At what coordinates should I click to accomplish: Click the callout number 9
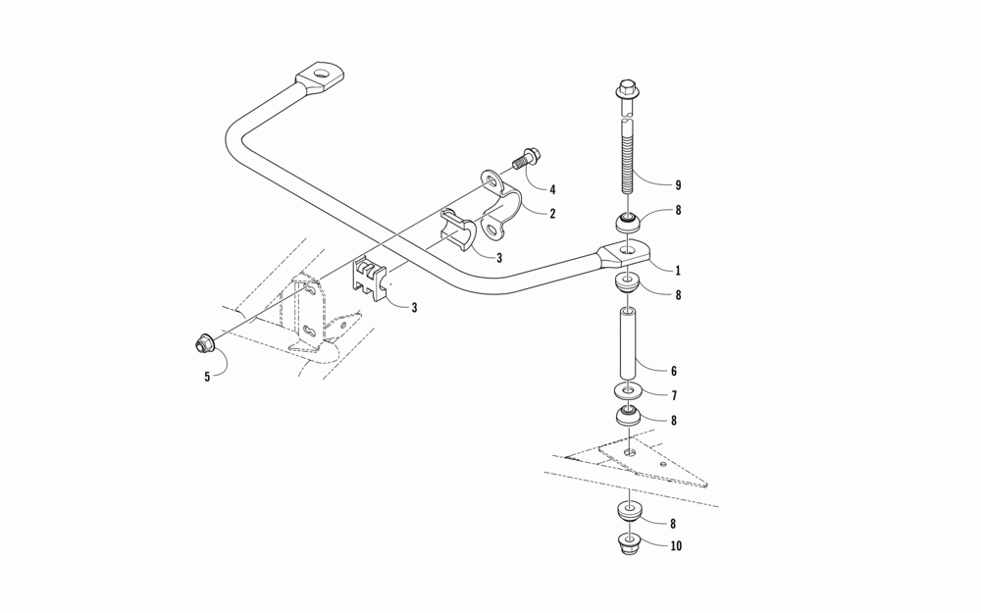(x=677, y=185)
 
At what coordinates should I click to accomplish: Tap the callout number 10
(x=677, y=546)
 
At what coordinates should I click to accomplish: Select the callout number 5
(x=207, y=375)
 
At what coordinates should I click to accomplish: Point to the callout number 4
(x=552, y=189)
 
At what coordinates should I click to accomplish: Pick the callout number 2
(x=552, y=213)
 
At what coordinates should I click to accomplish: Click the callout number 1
(x=677, y=267)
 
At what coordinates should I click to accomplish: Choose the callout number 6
(x=673, y=372)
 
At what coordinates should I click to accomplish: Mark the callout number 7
(x=673, y=395)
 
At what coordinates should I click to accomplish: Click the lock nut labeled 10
(x=627, y=544)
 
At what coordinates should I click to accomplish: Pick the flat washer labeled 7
(x=627, y=392)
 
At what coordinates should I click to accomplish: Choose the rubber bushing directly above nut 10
(x=627, y=511)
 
